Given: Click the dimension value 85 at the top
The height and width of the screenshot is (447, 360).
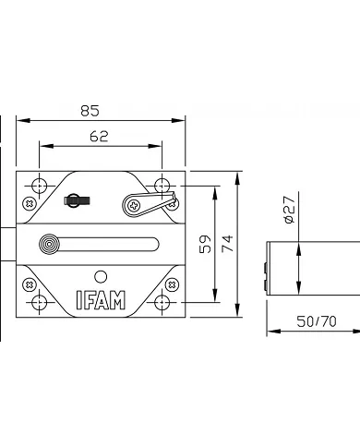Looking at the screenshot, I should point(90,111).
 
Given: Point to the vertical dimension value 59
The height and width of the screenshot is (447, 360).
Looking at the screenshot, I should point(206,244).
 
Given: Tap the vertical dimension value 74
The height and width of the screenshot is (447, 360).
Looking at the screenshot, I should point(228,244).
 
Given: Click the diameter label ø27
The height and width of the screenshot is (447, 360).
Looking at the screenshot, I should point(288,213).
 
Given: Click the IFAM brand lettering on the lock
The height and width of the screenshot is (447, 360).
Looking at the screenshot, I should point(102,300).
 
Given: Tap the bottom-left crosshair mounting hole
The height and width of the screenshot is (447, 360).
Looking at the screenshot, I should point(39,302).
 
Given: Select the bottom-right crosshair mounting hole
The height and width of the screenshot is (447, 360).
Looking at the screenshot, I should point(163,302).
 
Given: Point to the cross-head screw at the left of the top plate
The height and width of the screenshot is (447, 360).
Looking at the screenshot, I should point(30,202).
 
